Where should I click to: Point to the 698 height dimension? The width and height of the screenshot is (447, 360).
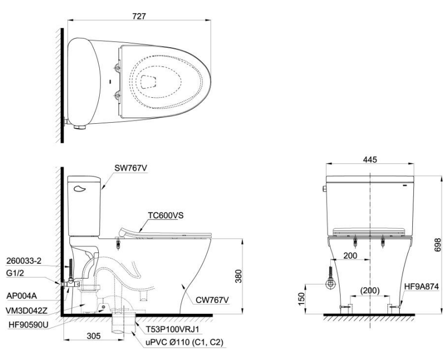pos(438,245)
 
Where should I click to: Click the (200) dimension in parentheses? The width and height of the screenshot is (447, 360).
pos(369,290)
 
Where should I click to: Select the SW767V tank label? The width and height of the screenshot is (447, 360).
pos(131,168)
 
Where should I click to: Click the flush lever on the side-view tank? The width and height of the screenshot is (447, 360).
pos(80,188)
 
